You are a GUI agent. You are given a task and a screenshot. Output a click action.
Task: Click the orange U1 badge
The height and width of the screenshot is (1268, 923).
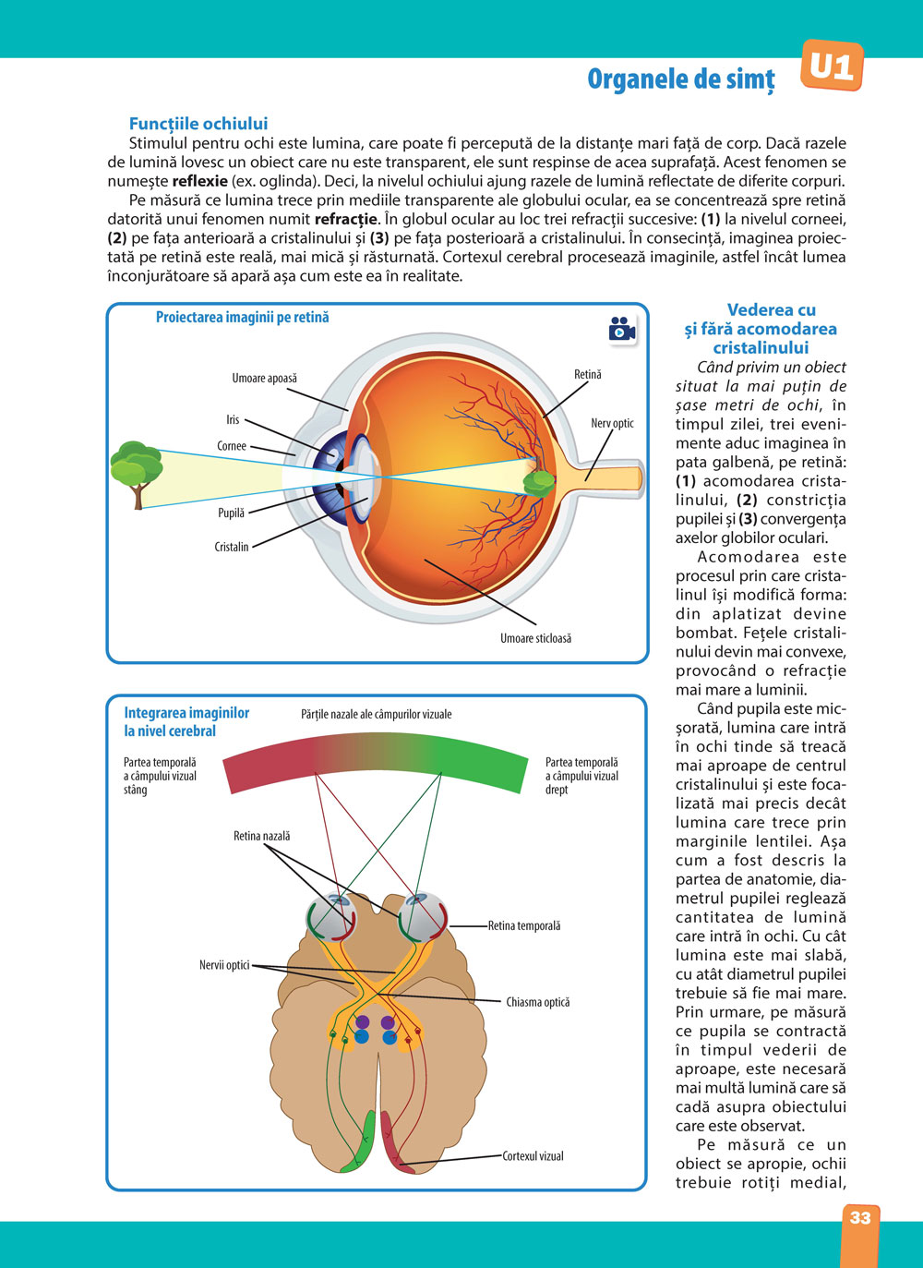[x=831, y=66]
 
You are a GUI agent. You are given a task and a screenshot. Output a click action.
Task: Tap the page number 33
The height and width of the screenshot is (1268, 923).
[x=860, y=1218]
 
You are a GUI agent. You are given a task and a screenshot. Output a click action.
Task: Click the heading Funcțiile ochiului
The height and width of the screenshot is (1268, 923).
[x=198, y=124]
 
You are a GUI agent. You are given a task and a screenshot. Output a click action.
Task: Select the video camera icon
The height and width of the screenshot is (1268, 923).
[x=621, y=329]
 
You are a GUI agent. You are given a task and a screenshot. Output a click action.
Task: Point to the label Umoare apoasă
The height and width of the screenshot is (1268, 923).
[x=264, y=378]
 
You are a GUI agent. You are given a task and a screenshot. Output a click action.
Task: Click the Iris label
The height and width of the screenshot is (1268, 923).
[x=233, y=419]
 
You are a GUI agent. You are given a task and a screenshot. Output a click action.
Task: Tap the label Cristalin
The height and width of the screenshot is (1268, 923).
[x=232, y=547]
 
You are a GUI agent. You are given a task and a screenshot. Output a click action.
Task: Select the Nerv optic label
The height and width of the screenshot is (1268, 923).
[x=612, y=423]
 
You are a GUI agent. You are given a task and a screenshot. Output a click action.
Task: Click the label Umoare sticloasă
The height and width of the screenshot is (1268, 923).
[x=535, y=638]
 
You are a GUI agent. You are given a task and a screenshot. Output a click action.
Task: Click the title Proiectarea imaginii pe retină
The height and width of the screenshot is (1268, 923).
[x=242, y=318]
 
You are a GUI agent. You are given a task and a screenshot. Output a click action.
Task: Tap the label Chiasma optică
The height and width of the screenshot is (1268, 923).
[x=537, y=1002]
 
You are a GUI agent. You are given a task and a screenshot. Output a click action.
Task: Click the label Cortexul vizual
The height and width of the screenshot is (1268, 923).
[x=533, y=1155]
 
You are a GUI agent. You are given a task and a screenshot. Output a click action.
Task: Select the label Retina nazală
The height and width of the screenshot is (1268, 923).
[x=261, y=836]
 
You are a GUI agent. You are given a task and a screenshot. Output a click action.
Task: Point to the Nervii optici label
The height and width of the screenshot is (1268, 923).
[x=224, y=965]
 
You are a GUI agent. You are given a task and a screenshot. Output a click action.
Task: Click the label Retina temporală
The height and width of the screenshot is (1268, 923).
[x=524, y=925]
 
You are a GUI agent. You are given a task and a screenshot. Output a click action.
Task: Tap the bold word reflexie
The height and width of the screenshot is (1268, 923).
[x=199, y=181]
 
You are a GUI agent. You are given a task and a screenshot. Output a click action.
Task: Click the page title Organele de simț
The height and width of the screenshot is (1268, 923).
[x=681, y=79]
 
